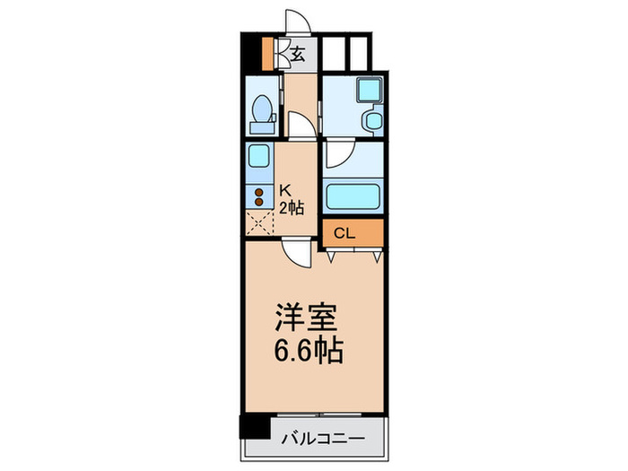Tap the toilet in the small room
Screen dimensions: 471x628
[x=261, y=112]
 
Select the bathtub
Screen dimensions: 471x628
[x=353, y=196]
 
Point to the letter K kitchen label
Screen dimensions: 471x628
[x=284, y=190]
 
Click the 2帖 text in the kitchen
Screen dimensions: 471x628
[x=291, y=207]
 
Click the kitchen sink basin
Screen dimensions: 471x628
[x=258, y=155]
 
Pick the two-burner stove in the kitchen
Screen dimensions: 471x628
[x=258, y=199]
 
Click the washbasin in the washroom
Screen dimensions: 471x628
[x=370, y=120]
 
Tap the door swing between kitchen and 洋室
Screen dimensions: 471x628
[x=295, y=254]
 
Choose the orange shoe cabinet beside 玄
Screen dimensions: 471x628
[x=267, y=53]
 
